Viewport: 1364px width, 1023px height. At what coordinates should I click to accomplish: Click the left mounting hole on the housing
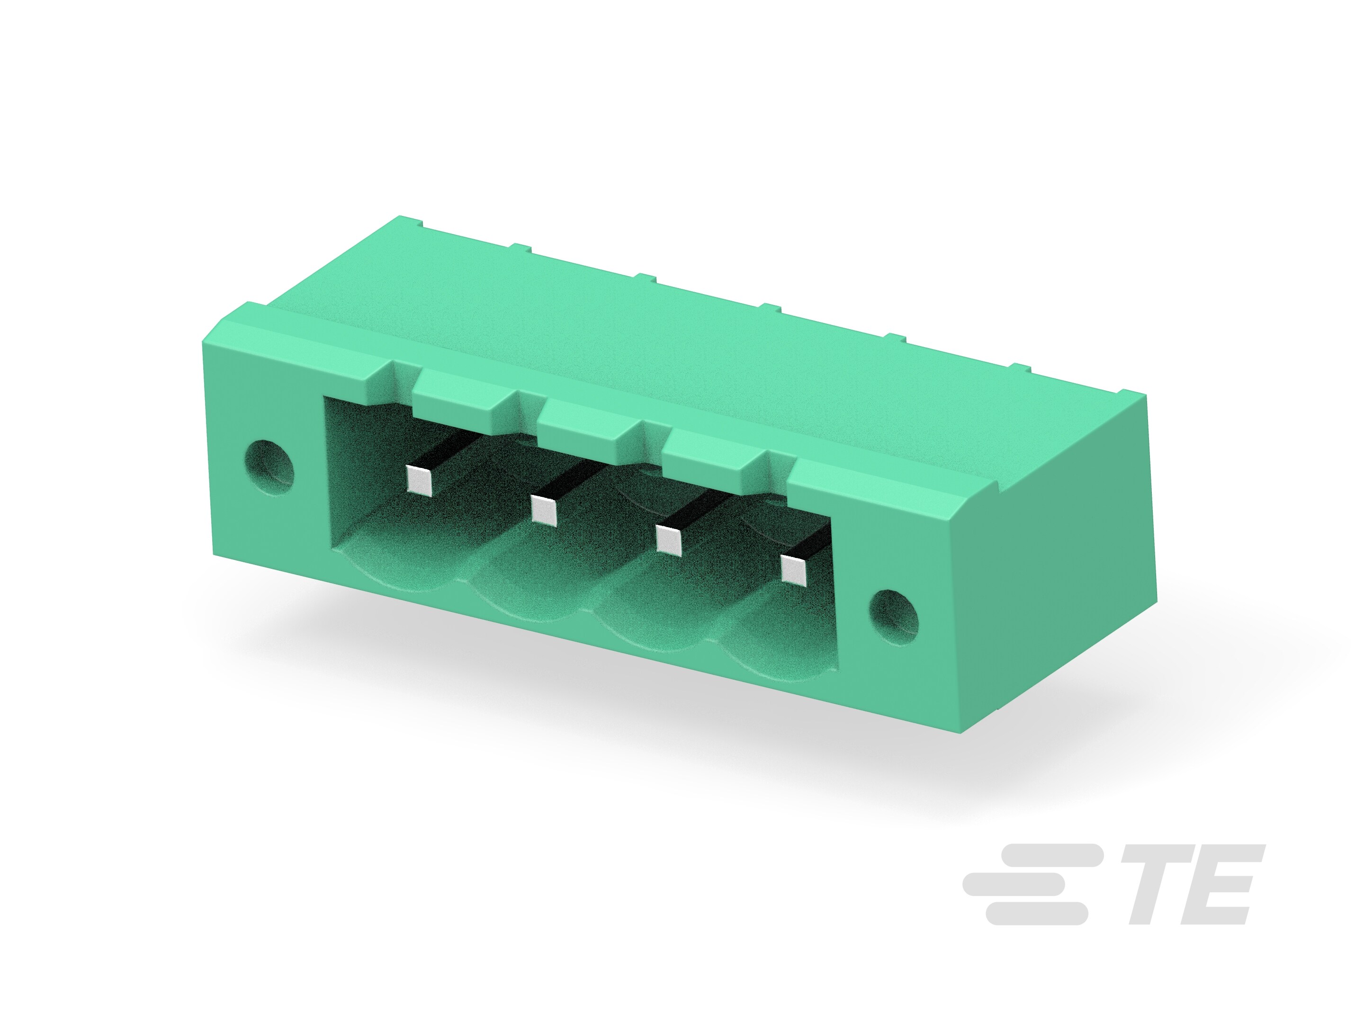[x=269, y=467]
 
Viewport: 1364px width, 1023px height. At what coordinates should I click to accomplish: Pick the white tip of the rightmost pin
[x=794, y=569]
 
